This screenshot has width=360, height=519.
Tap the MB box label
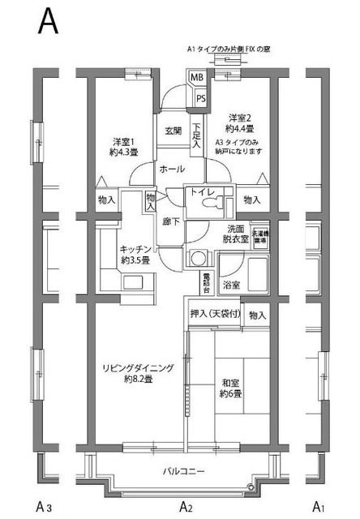[196, 78]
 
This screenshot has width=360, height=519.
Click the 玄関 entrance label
[173, 131]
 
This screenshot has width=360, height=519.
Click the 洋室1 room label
[122, 145]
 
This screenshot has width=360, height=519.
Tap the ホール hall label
[171, 169]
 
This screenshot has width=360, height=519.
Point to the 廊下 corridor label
[170, 221]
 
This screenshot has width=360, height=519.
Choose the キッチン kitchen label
[135, 255]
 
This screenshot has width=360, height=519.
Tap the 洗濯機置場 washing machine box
[261, 237]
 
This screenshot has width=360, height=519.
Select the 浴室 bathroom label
[232, 285]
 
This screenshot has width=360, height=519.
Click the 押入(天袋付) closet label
[216, 315]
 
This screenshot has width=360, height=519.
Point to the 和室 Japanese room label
[231, 388]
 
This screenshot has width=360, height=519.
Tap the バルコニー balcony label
[183, 471]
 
